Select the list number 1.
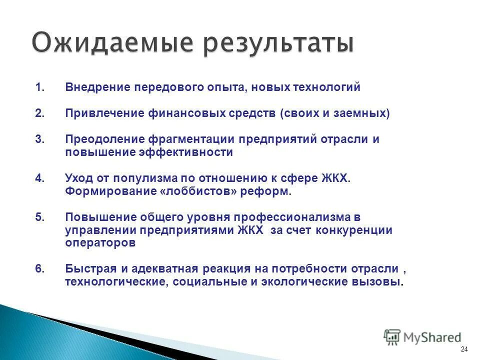click(x=39, y=87)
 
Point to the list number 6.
click(x=39, y=268)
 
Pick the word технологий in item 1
click(x=329, y=87)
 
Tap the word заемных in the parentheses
click(x=358, y=113)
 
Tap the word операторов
click(x=100, y=243)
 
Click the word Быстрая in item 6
click(x=88, y=268)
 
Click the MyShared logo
click(x=422, y=337)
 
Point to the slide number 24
click(x=464, y=349)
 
